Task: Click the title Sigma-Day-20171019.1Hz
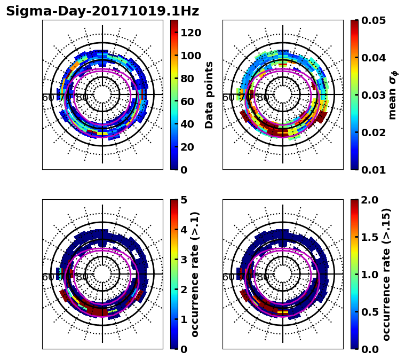[102, 11]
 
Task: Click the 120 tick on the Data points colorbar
[190, 33]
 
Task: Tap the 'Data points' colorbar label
[209, 95]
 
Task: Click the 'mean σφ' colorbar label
[392, 95]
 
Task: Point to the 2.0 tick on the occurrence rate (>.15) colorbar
[368, 200]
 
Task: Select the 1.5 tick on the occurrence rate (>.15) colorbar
[368, 237]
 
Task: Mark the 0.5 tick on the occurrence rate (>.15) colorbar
[368, 312]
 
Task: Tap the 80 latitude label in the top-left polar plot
[82, 98]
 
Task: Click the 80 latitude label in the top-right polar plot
[263, 98]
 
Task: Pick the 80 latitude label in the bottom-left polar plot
[82, 277]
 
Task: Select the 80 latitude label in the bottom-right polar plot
[263, 277]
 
